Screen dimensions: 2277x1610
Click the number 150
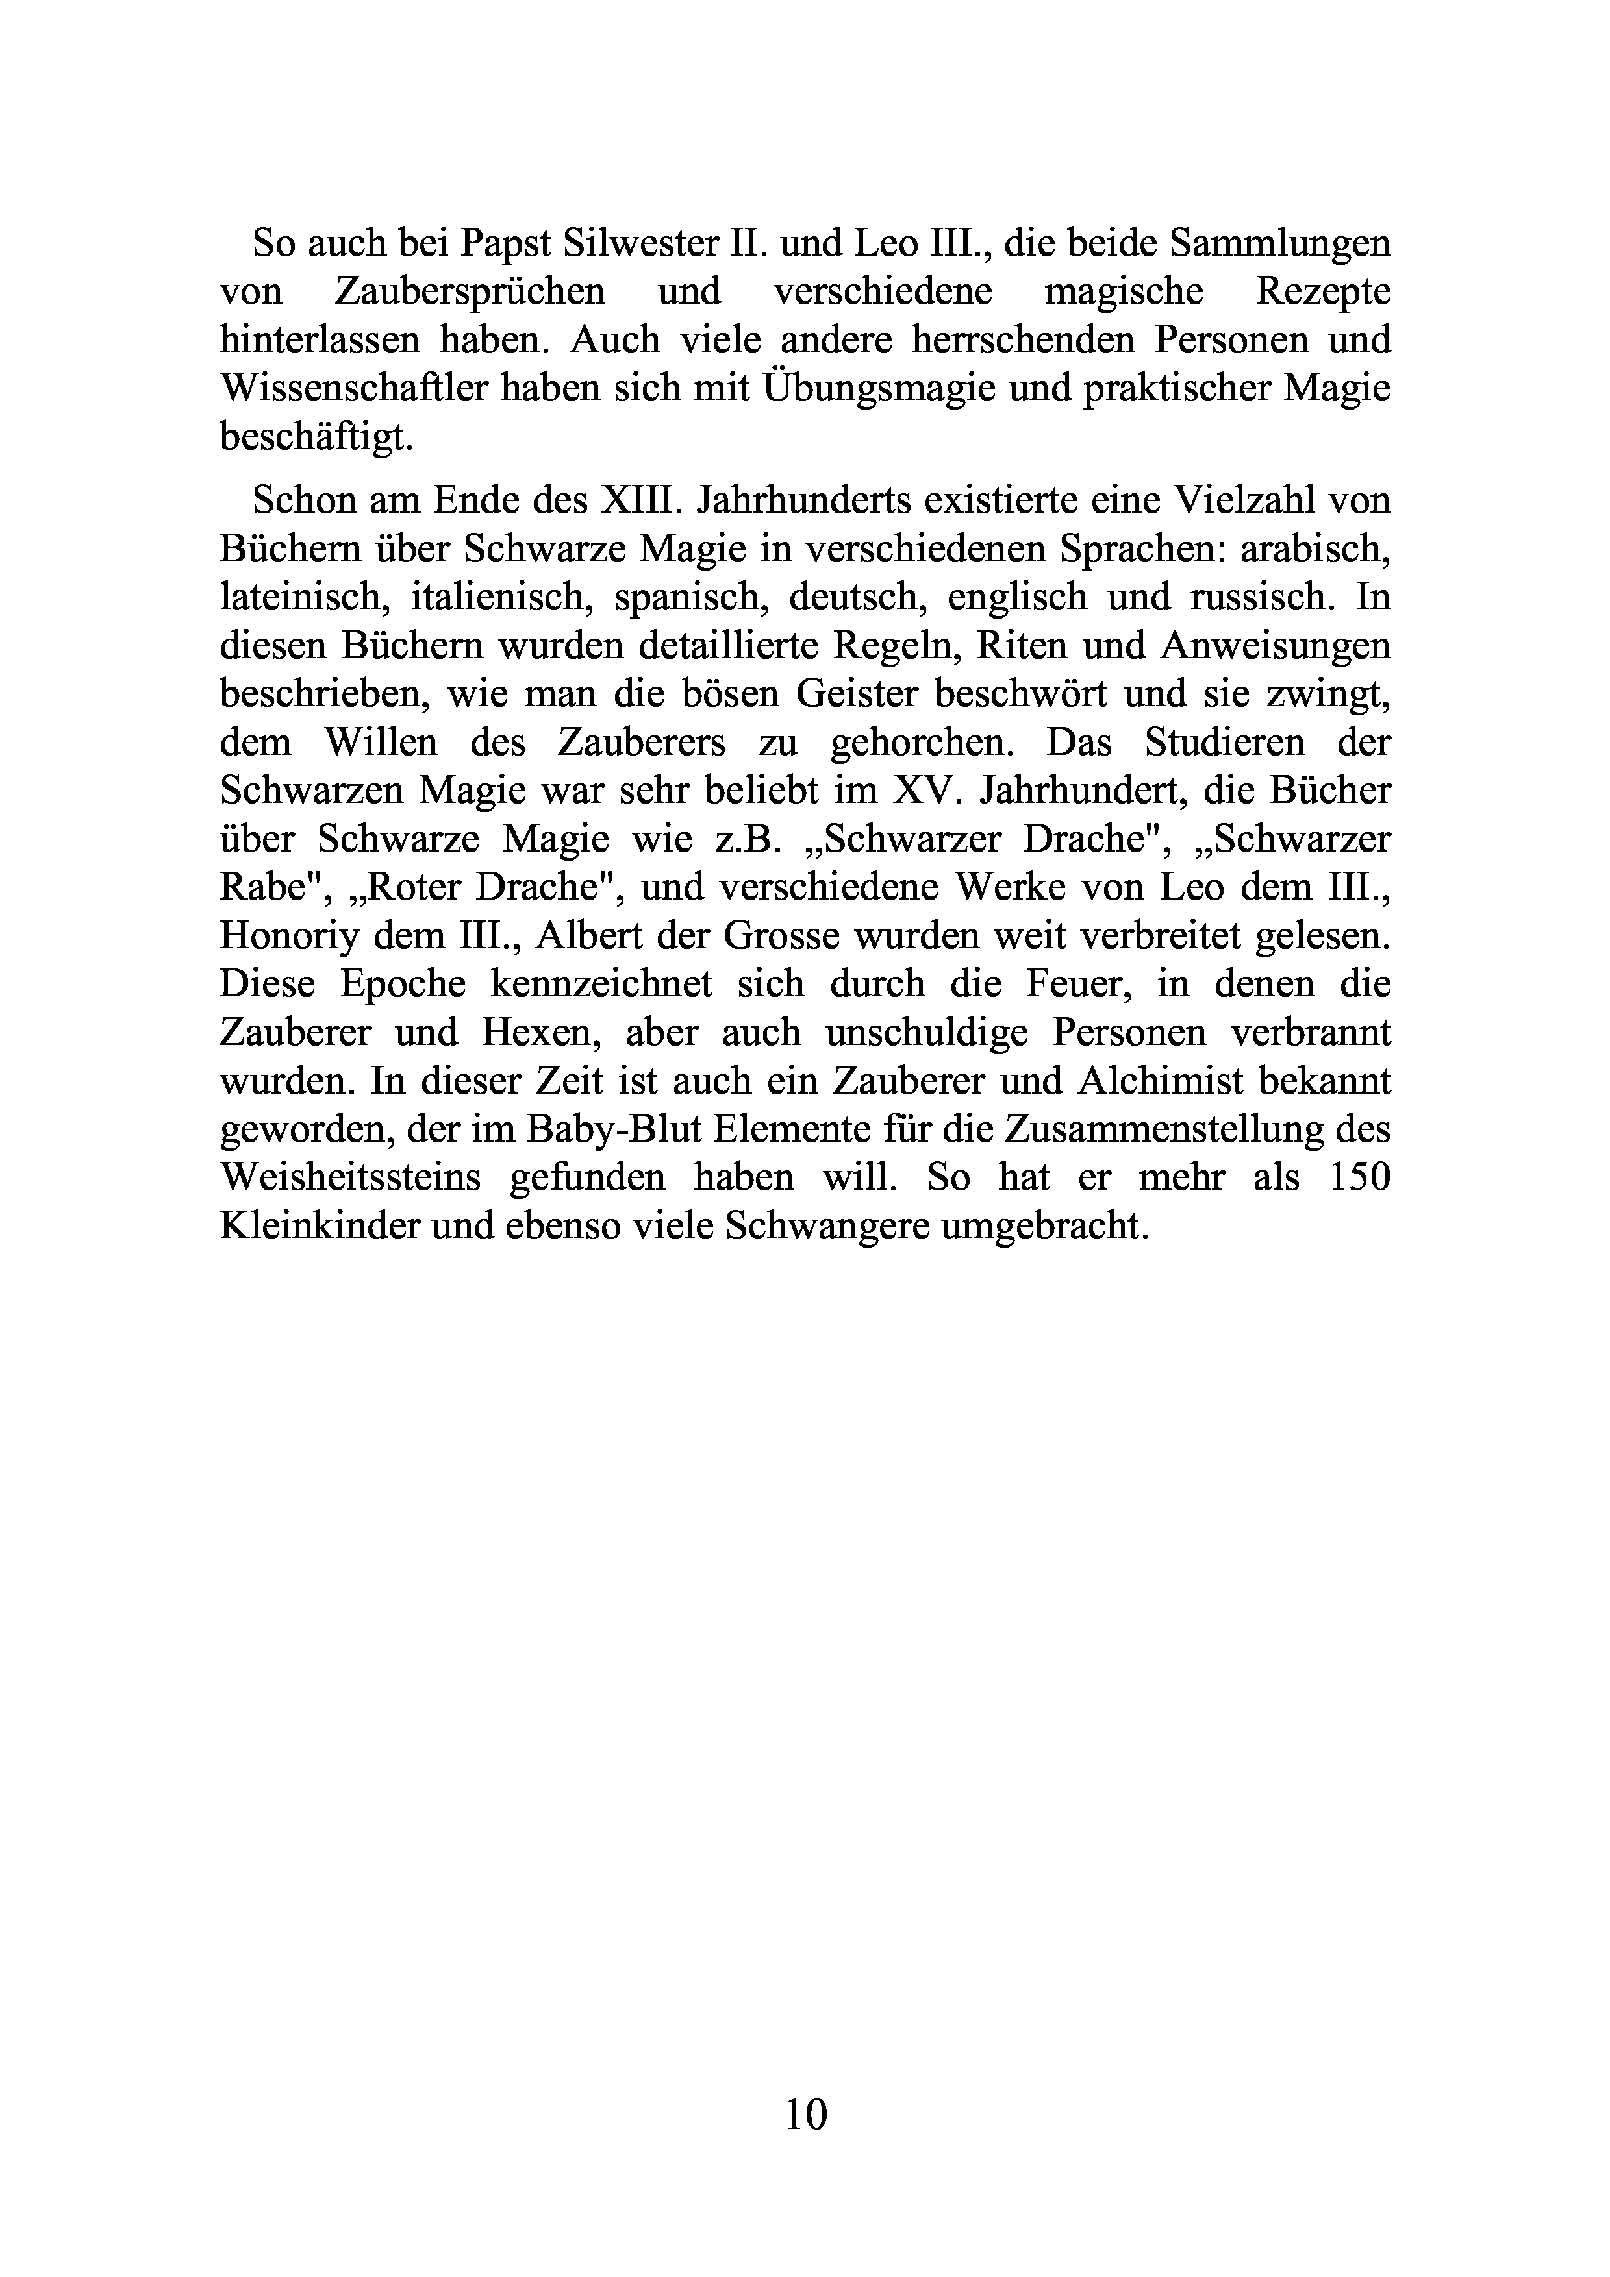click(x=1357, y=1178)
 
